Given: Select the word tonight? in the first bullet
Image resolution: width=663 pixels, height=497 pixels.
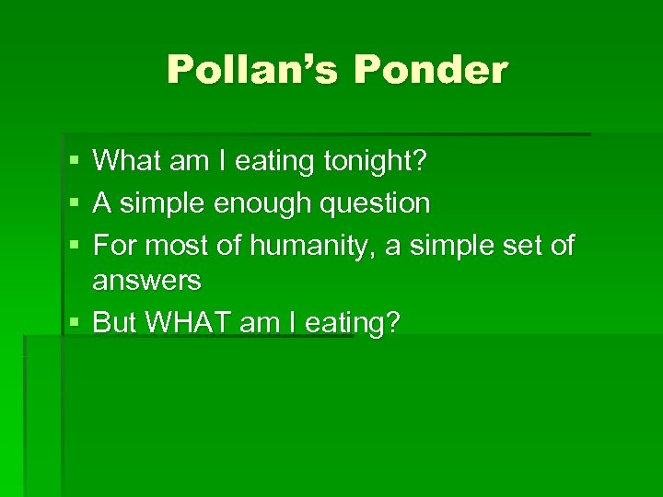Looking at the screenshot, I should pos(375,162).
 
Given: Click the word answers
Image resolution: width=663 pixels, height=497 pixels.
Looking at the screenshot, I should pos(146,280).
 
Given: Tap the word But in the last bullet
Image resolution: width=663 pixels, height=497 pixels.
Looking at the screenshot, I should pos(115,322).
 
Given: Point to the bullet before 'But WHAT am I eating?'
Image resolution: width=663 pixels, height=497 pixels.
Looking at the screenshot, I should pos(73,323).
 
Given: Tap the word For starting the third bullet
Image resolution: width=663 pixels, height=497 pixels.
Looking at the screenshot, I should pos(115,246).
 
